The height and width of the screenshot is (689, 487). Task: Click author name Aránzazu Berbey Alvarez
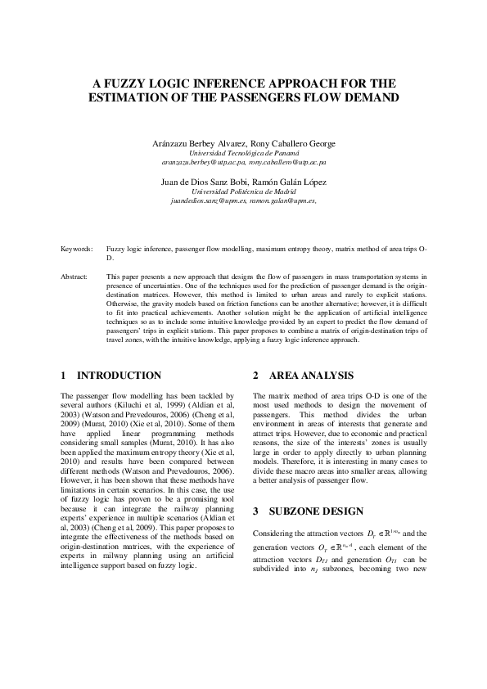coord(199,143)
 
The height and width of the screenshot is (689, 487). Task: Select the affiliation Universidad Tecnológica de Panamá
coord(243,153)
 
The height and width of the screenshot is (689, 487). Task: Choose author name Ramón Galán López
coord(295,182)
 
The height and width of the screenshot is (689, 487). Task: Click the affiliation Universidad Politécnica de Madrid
coord(243,191)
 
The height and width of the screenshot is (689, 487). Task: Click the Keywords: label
coord(77,247)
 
